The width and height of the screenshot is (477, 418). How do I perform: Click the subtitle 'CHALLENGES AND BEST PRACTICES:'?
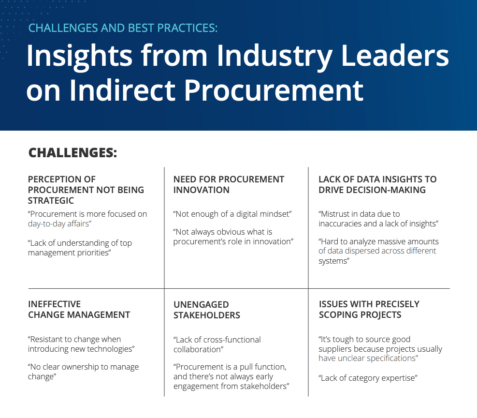click(123, 28)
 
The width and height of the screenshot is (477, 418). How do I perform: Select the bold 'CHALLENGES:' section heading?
click(73, 153)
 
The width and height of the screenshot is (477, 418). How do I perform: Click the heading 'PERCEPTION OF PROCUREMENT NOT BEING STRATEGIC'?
click(86, 190)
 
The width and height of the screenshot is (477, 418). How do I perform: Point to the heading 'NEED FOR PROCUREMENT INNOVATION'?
click(229, 184)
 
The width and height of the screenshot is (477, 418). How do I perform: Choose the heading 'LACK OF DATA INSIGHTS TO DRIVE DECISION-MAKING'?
click(377, 184)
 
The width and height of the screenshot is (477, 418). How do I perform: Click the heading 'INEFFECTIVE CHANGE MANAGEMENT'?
click(79, 309)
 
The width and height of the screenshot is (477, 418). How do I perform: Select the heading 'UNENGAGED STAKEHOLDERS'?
click(207, 310)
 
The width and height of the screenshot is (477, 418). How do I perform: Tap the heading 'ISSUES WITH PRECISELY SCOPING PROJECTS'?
click(369, 309)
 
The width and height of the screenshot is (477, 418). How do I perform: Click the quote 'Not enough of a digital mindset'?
click(232, 214)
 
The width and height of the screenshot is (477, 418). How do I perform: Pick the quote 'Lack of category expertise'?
click(368, 378)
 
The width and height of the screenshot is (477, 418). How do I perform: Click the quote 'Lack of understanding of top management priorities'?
click(80, 248)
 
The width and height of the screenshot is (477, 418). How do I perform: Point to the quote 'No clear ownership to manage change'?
click(83, 372)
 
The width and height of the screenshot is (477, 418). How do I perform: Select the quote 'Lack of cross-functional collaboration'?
click(217, 344)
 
